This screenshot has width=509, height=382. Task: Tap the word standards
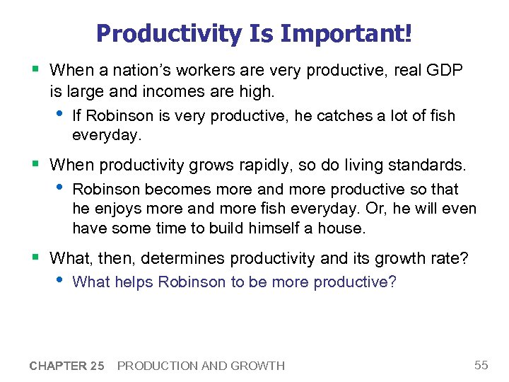tap(428, 166)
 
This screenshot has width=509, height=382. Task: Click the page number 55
tap(481, 365)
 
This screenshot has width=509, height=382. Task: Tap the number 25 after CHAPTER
tap(98, 366)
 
